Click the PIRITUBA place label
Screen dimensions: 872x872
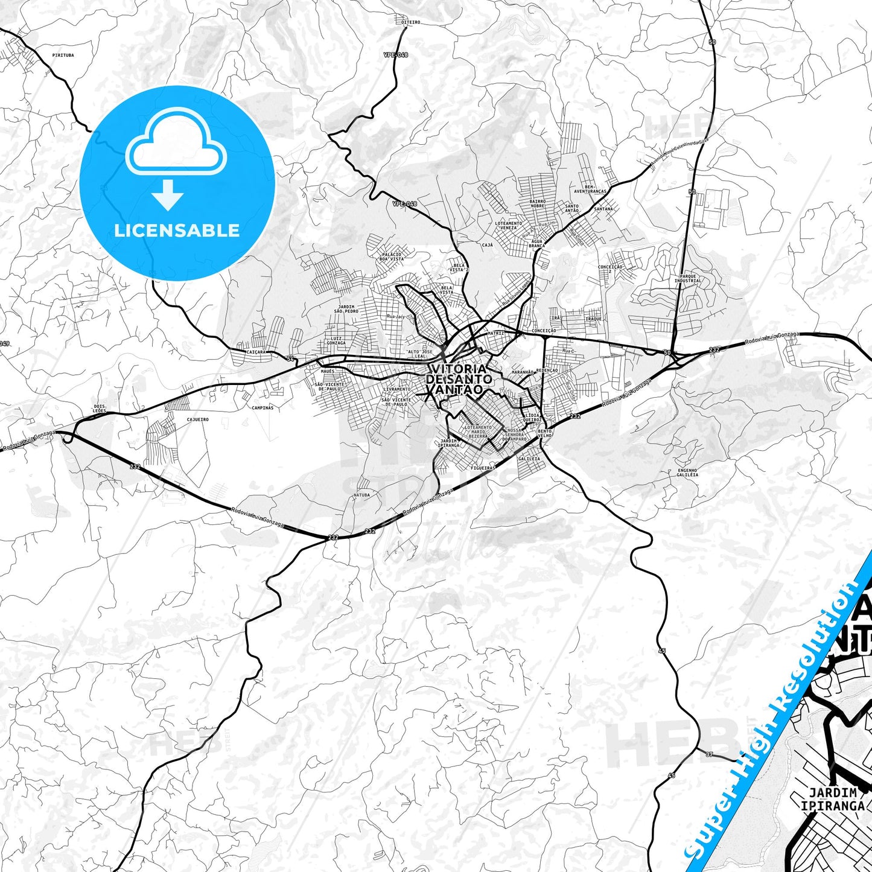pos(63,55)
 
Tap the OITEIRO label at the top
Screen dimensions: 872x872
pos(410,22)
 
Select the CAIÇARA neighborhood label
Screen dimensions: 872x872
pos(256,351)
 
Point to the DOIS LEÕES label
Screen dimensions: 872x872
pos(100,409)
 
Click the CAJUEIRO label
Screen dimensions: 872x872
pos(197,419)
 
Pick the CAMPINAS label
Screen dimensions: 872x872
pos(263,407)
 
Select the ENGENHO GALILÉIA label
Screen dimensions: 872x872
pos(687,473)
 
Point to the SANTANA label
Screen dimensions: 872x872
pos(603,209)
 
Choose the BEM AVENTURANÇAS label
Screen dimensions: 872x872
pos(590,189)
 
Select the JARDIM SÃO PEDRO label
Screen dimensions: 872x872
pos(346,309)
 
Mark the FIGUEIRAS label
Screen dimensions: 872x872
pos(483,468)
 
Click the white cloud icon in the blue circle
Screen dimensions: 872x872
pos(176,147)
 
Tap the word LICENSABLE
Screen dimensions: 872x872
pos(177,230)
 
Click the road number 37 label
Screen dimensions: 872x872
pos(708,754)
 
